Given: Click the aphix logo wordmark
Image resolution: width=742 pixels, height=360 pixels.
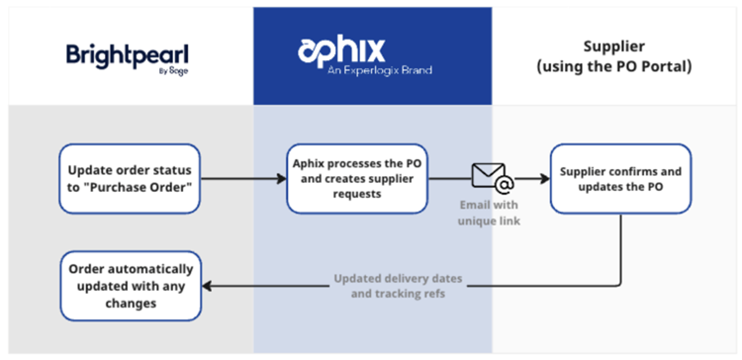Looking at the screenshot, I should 342,49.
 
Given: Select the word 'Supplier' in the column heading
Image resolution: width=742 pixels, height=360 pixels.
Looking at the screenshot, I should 615,45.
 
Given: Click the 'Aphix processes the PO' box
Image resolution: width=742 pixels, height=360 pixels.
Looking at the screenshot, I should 364,179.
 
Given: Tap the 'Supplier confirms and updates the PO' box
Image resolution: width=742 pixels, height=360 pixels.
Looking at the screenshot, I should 620,179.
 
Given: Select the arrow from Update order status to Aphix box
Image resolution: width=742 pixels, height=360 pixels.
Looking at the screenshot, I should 242,179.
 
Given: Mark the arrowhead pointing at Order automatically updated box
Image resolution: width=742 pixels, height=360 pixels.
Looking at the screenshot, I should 209,287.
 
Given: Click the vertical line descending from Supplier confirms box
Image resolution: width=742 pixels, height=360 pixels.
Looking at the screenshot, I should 620,247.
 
